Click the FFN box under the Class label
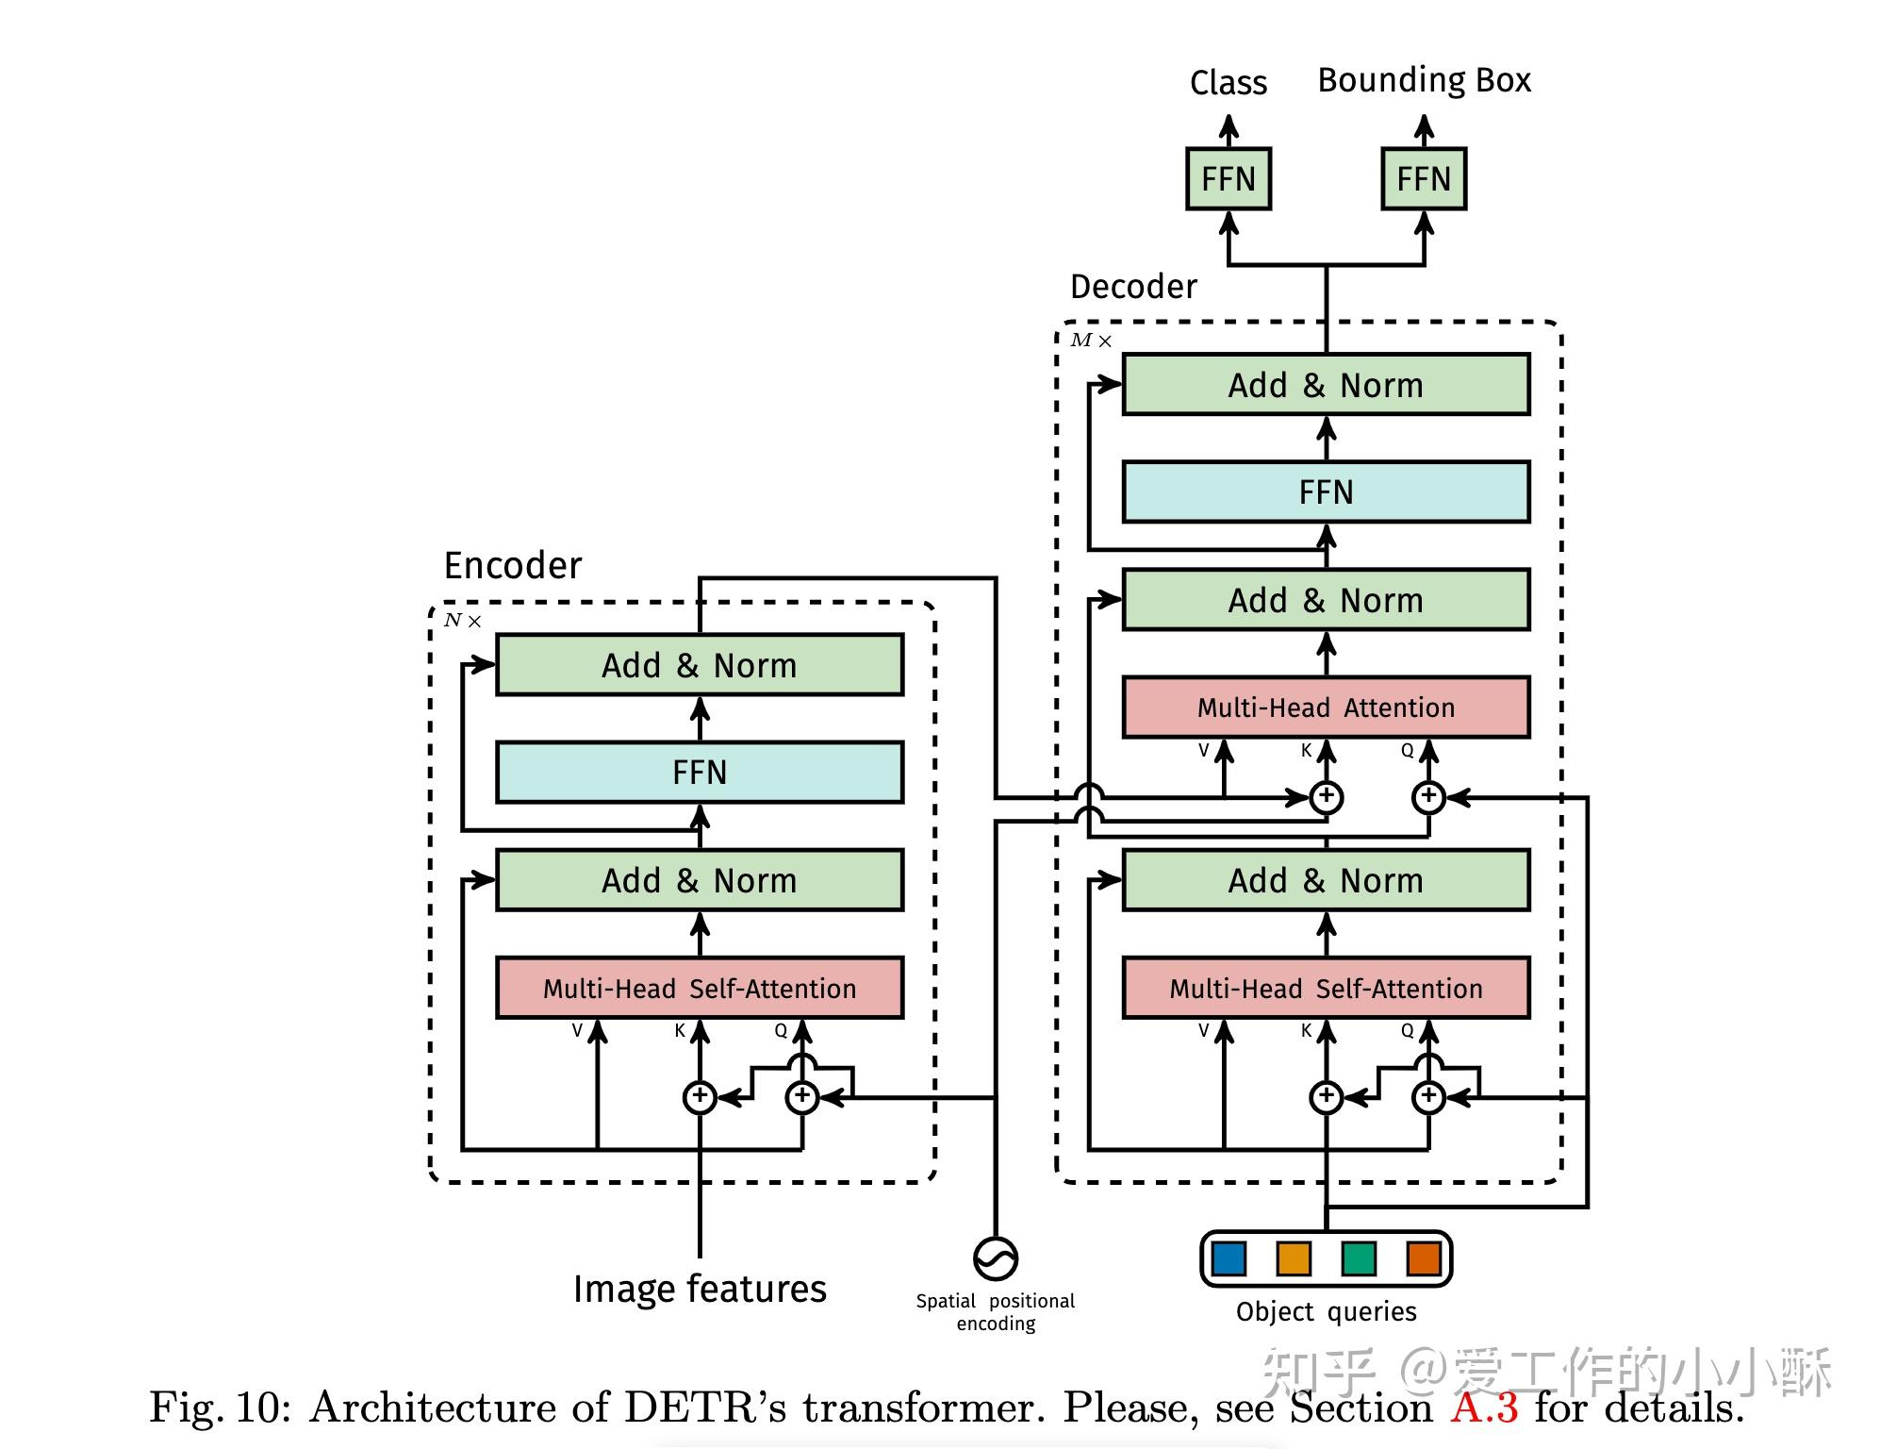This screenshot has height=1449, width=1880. point(1228,178)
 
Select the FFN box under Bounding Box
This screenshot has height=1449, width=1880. point(1423,178)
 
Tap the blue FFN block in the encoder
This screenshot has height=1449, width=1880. point(699,772)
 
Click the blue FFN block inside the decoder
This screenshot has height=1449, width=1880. point(1325,491)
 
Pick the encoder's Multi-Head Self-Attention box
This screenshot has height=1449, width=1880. point(699,988)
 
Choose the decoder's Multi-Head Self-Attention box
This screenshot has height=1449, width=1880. point(1325,988)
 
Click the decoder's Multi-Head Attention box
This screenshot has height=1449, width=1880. point(1325,708)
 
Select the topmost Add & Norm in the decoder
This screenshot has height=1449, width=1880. point(1325,385)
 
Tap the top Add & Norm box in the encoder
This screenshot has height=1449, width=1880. point(699,665)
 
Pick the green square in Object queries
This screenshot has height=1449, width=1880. point(1358,1257)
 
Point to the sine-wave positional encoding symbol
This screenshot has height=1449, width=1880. point(995,1257)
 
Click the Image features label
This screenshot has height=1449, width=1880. point(699,1289)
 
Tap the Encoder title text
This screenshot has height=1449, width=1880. point(512,565)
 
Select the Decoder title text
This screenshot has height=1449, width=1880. point(1132,286)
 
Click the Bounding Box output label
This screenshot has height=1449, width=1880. point(1424,80)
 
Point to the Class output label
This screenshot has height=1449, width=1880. point(1228,83)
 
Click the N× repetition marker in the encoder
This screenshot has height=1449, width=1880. point(462,621)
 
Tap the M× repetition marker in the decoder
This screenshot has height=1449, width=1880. point(1090,341)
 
